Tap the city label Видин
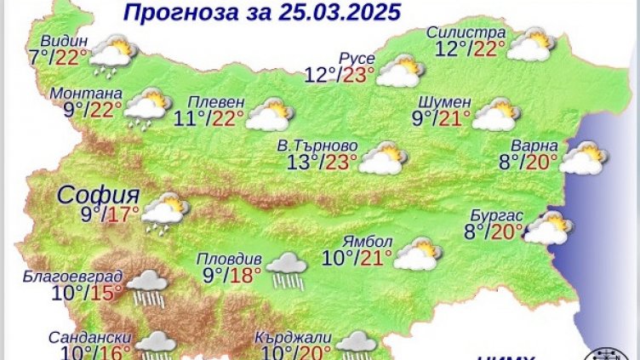(60, 41)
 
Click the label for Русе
(351, 58)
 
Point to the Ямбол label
(363, 239)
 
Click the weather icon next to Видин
(112, 53)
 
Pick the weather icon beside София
(164, 212)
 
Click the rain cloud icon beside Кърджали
(357, 345)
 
